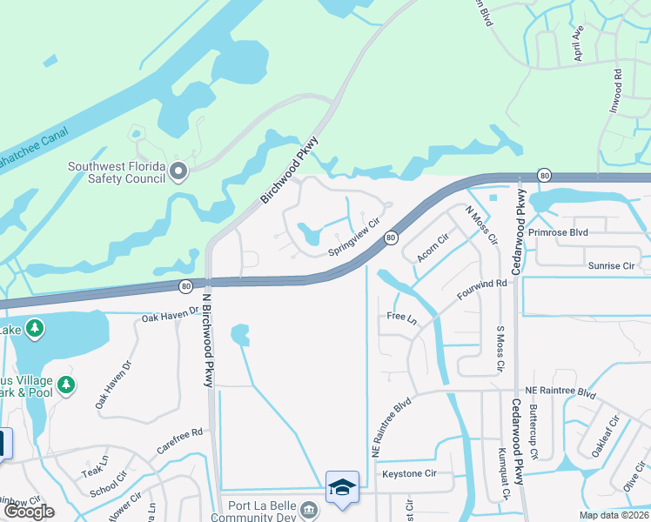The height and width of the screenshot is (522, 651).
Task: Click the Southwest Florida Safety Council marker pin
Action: (x=179, y=171)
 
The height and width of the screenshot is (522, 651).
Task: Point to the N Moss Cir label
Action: (x=480, y=224)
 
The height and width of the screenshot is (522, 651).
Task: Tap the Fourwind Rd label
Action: (x=481, y=293)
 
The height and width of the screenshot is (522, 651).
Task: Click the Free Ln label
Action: (x=401, y=318)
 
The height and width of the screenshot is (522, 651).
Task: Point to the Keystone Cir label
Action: (x=409, y=474)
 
